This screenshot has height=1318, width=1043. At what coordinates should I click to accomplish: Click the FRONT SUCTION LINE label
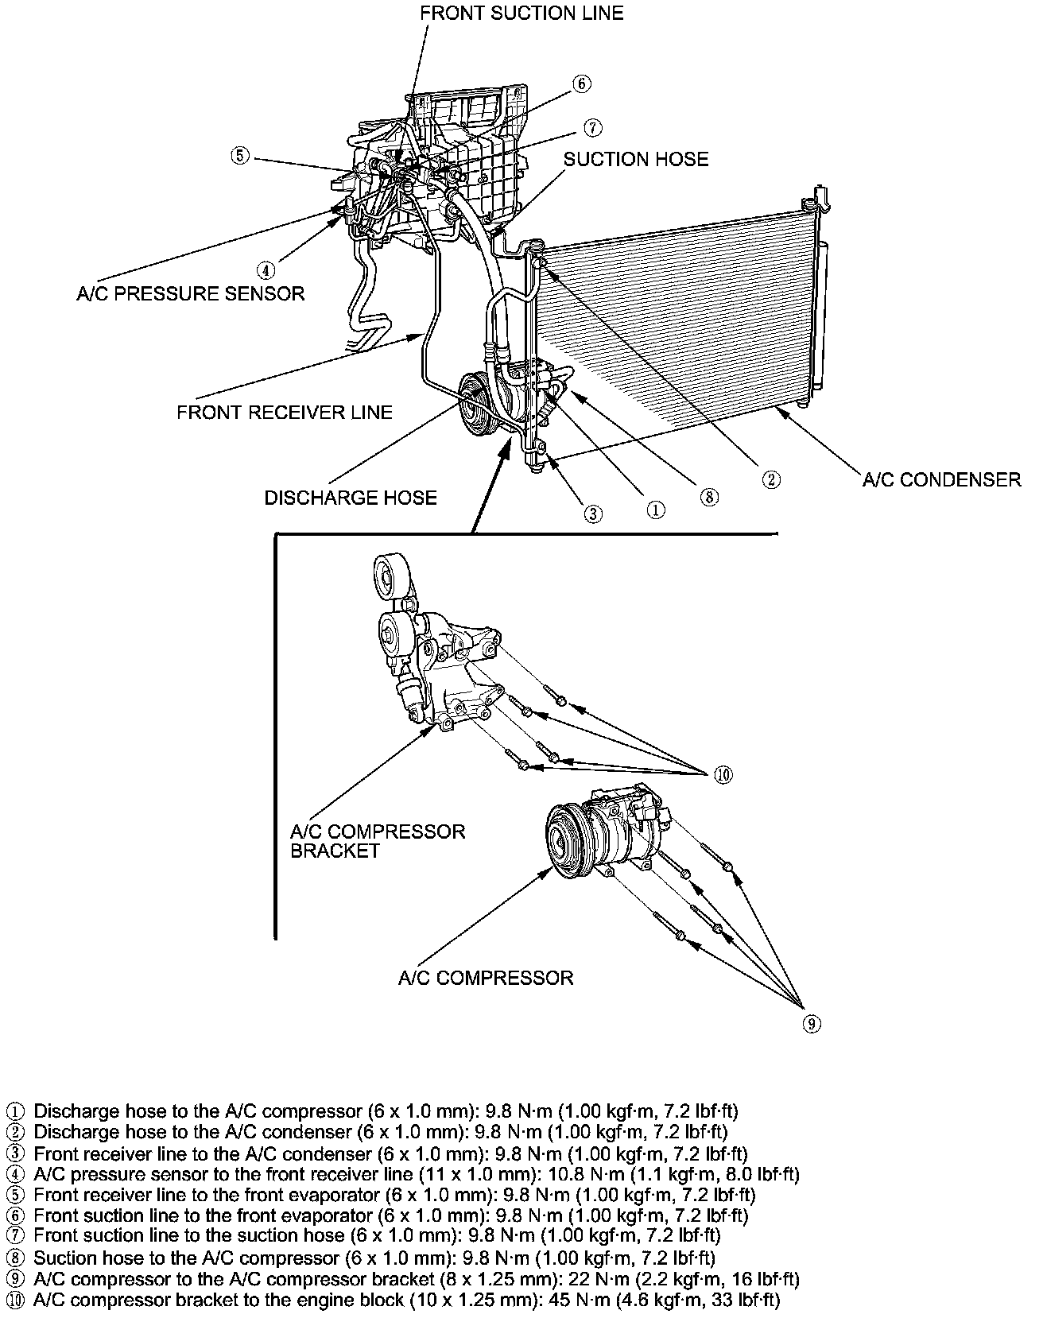(x=521, y=14)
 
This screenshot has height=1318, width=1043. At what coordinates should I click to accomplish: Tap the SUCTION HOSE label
(x=636, y=159)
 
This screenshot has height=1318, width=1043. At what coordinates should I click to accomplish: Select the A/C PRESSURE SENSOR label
(x=191, y=294)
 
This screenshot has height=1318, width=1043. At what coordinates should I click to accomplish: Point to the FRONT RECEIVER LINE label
(x=285, y=413)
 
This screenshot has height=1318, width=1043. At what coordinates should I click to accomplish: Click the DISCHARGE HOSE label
(x=351, y=498)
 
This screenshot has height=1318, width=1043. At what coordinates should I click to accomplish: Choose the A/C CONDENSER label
(x=942, y=479)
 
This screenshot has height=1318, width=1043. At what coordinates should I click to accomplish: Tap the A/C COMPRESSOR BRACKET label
(x=378, y=841)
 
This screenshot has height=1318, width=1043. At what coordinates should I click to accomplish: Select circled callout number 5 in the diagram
(x=240, y=155)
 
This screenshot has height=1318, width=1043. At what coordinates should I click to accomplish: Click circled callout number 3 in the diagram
(x=593, y=514)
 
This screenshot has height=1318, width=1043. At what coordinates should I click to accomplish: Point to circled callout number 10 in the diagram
(x=722, y=774)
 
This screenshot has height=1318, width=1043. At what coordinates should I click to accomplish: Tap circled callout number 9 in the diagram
(x=810, y=1024)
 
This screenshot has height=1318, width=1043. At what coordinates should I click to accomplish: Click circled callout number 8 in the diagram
(x=709, y=497)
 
